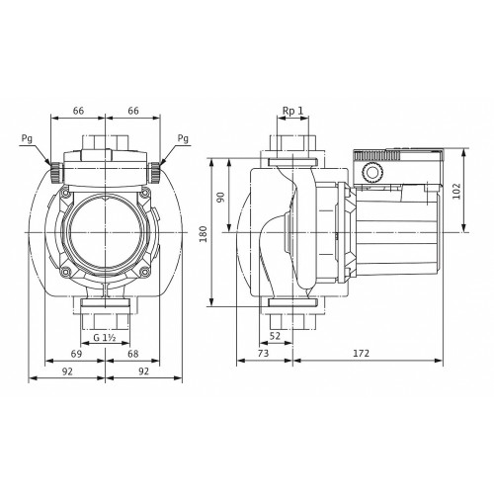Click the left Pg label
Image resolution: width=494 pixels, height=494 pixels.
tap(27, 139)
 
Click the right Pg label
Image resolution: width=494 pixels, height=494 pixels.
tap(183, 138)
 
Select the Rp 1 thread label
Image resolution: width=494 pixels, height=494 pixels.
tap(292, 111)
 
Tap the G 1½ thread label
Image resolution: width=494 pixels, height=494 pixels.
tap(105, 338)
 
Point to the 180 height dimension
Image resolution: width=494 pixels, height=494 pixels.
tap(204, 234)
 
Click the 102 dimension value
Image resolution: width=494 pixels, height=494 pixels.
tap(456, 191)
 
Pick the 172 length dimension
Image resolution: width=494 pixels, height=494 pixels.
tap(362, 353)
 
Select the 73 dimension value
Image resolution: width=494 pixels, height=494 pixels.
tap(263, 353)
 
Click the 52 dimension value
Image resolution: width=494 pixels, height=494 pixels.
tap(275, 336)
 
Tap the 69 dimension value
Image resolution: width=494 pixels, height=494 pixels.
tap(76, 354)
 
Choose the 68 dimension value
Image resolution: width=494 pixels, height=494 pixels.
tap(133, 354)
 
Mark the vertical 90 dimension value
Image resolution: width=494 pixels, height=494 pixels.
tap(221, 197)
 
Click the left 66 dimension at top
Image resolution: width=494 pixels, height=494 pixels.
tap(78, 111)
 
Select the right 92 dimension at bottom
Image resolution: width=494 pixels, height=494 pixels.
tap(143, 371)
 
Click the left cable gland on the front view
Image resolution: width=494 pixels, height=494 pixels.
tap(55, 172)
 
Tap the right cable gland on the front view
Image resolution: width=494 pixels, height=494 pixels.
tap(154, 173)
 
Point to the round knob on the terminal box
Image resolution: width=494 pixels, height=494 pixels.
tap(372, 172)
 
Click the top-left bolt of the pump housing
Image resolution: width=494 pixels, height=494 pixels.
tap(66, 193)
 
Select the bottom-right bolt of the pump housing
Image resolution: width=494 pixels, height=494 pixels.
tap(144, 272)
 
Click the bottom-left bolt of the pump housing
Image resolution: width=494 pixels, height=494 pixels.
tap(66, 272)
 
